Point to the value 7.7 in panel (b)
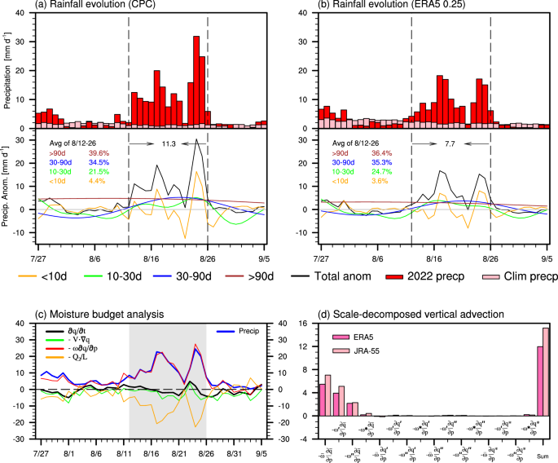450,143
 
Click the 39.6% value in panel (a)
97,153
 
